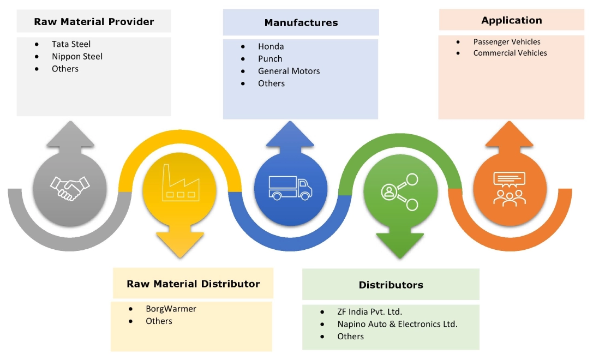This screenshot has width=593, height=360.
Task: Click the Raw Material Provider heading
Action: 94,22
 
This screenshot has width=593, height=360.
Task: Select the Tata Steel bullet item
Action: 71,44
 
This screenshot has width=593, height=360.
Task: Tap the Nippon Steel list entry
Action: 77,56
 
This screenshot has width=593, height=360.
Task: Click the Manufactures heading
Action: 301,23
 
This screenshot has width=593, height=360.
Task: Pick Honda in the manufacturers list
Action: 271,46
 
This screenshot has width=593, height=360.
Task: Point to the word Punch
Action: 270,59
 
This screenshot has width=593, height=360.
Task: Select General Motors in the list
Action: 289,71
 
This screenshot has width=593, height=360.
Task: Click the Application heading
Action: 511,20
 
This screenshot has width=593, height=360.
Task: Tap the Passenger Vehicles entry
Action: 507,41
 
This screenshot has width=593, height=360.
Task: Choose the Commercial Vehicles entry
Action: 510,53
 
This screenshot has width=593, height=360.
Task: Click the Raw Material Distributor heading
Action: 193,284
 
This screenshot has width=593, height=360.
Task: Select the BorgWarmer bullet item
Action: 171,309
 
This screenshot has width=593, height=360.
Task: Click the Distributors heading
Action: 391,285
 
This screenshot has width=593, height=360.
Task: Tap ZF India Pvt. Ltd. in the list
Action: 369,312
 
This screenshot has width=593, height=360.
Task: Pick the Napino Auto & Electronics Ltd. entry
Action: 397,324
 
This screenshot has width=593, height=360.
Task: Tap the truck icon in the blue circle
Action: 290,188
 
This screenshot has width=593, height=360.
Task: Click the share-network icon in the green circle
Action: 399,191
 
